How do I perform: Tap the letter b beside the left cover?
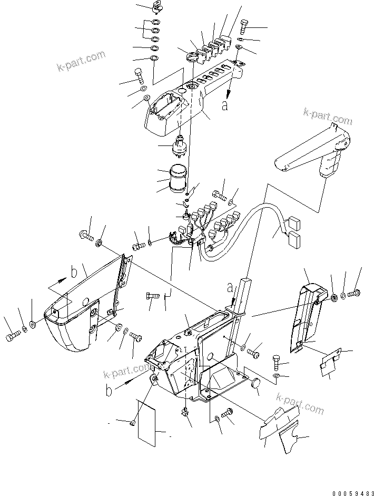(74, 273)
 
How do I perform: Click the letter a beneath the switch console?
(225, 105)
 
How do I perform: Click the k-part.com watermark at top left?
(81, 61)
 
